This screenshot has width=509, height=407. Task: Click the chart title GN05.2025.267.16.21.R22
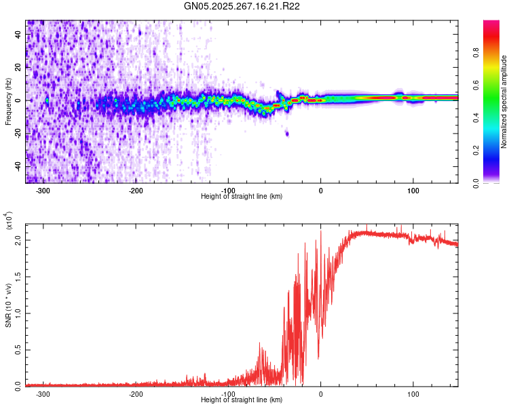click(242, 6)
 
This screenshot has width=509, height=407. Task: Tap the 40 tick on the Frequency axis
click(18, 34)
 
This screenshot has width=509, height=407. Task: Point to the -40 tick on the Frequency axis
click(18, 166)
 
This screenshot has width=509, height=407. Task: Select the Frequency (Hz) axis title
click(8, 102)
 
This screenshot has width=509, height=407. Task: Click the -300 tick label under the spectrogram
click(43, 191)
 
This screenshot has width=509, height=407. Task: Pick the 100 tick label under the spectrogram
click(413, 191)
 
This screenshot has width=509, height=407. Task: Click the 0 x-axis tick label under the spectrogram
click(321, 191)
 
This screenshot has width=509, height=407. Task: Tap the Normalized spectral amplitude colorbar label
click(504, 102)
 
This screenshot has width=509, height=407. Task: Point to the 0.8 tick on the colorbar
click(476, 52)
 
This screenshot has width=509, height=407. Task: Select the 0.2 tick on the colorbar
click(476, 151)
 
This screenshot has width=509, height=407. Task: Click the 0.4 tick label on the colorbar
click(476, 118)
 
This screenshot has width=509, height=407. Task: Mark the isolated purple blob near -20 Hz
click(287, 134)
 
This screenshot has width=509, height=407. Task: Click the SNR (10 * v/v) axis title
click(8, 305)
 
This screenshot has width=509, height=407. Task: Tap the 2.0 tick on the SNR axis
click(18, 241)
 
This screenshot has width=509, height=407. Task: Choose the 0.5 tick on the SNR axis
click(18, 350)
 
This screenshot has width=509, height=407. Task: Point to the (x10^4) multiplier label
click(9, 221)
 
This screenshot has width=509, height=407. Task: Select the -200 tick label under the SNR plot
click(136, 394)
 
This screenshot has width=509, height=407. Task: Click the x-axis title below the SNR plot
click(242, 400)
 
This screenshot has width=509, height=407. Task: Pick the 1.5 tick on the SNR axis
click(18, 277)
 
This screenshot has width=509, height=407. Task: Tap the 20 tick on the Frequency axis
click(18, 67)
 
